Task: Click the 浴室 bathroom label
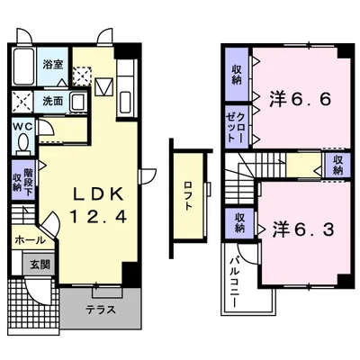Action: [53, 65]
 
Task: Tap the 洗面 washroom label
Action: [53, 101]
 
